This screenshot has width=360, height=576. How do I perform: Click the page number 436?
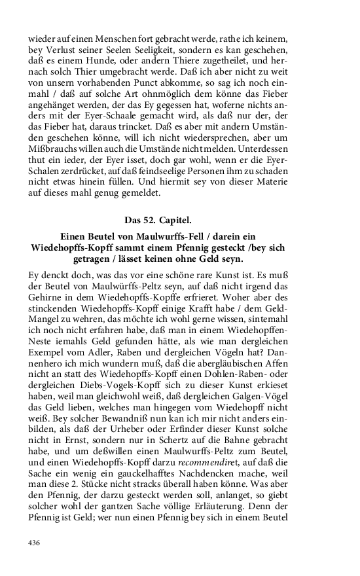pyautogui.click(x=34, y=543)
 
